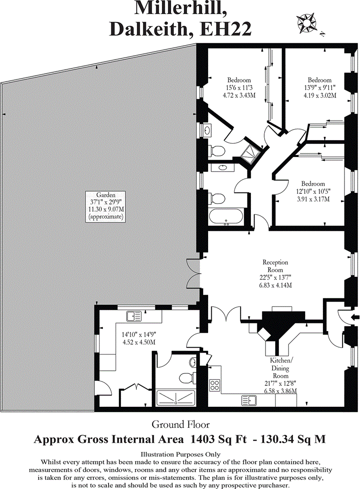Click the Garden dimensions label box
coord(105,206)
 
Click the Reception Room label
coord(275,274)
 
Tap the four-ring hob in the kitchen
coord(214,385)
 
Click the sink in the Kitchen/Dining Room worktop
coord(249,401)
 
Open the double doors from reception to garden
coord(193,274)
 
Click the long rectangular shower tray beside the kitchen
coord(175,398)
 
